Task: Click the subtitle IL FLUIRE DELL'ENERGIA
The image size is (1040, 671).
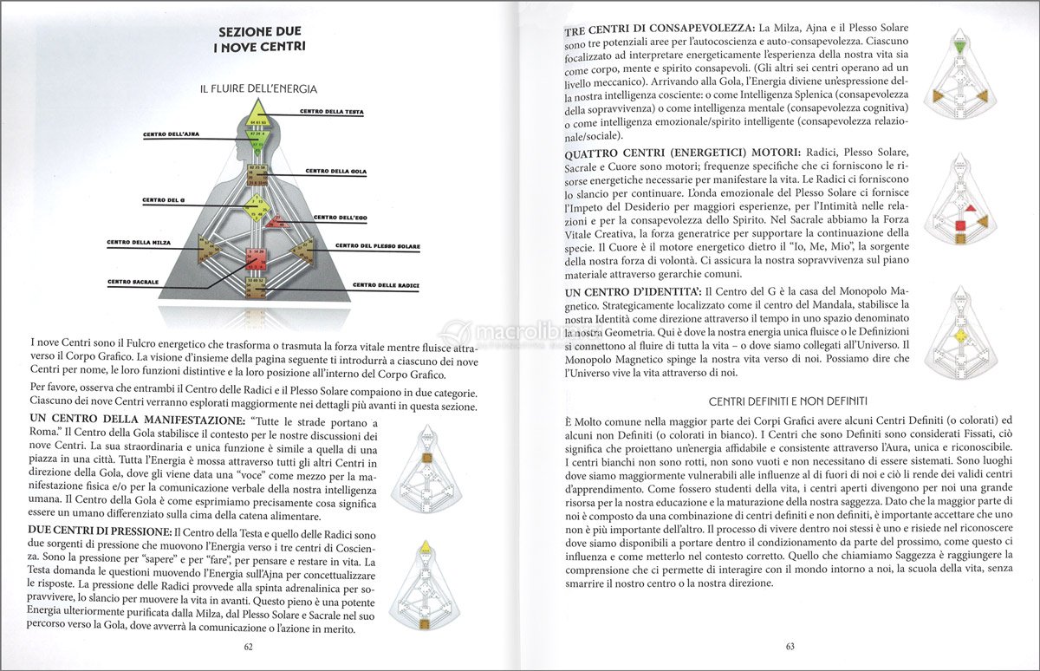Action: [258, 88]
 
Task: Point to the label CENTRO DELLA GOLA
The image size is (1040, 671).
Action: [335, 172]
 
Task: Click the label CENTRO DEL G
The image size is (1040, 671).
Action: [166, 200]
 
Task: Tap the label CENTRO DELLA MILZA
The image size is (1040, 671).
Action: [139, 242]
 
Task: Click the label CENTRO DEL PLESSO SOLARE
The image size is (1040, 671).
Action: [377, 246]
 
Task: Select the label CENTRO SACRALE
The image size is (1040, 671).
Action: [133, 282]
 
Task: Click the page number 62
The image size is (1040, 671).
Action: [248, 646]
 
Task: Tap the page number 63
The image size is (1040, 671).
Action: [790, 646]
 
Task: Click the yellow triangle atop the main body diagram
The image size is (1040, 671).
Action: [257, 114]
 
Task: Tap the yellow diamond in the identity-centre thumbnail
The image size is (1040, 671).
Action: [959, 335]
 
